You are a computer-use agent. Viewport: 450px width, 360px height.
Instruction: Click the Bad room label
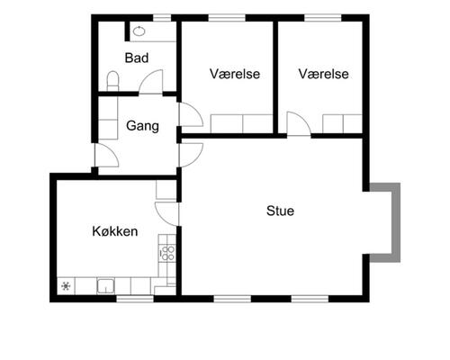[x=137, y=58]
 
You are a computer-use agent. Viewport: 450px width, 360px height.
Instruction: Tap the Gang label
[x=142, y=126]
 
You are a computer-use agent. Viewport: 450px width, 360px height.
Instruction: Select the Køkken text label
[x=114, y=231]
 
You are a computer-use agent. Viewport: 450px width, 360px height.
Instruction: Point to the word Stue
[x=280, y=211]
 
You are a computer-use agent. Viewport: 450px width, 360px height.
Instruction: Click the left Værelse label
[x=235, y=74]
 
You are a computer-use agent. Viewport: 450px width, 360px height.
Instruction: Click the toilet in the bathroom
[x=112, y=81]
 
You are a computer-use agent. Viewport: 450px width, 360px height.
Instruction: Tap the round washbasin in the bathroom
[x=139, y=31]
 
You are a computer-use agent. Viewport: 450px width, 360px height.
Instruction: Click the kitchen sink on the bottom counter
[x=105, y=287]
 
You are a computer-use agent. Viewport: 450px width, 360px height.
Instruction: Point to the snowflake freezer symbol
[x=66, y=287]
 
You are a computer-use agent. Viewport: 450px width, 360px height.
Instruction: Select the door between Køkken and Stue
[x=166, y=213]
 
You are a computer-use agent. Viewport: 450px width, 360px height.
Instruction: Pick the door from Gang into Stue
[x=189, y=154]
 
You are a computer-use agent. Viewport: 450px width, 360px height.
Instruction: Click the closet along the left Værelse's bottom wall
[x=240, y=124]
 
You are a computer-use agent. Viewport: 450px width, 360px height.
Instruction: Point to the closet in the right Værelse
[x=343, y=124]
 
